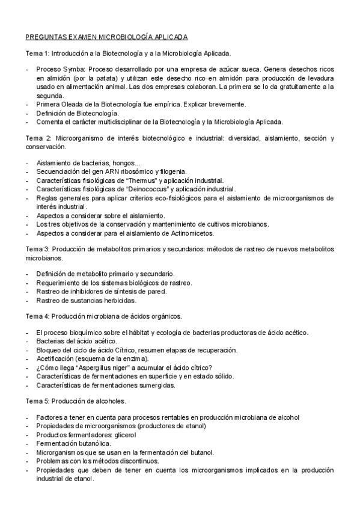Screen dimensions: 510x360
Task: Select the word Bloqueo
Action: click(x=50, y=350)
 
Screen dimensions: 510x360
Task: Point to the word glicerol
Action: click(x=123, y=435)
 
